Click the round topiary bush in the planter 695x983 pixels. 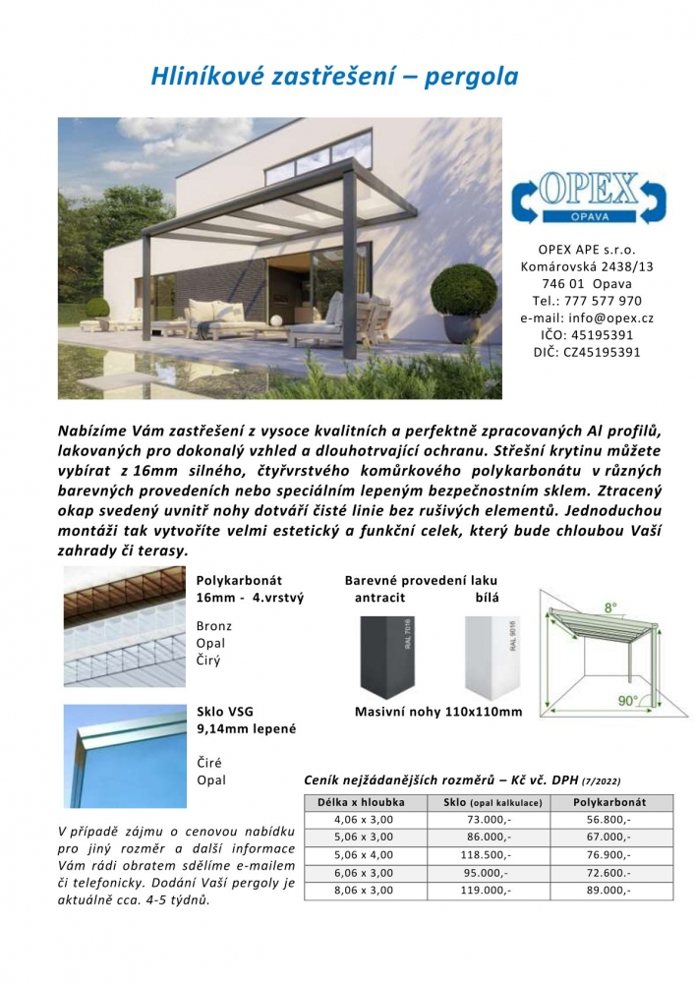[x=464, y=290]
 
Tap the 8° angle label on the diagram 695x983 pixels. [x=610, y=608]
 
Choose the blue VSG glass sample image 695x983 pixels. [x=125, y=754]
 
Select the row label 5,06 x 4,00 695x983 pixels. [x=363, y=855]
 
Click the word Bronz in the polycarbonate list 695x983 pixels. [x=214, y=625]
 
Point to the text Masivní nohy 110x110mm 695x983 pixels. [x=438, y=712]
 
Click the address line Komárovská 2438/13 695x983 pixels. [x=587, y=265]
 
